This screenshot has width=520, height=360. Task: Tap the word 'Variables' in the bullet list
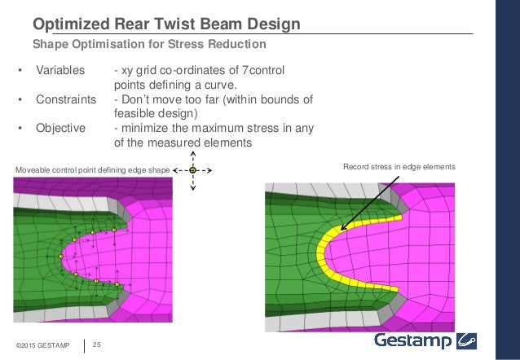(x=60, y=71)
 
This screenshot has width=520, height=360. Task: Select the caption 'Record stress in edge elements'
(x=399, y=167)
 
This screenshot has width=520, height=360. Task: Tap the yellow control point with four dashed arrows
(x=192, y=169)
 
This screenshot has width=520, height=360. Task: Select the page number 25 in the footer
(x=97, y=345)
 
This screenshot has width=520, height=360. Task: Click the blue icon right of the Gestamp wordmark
(x=468, y=340)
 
